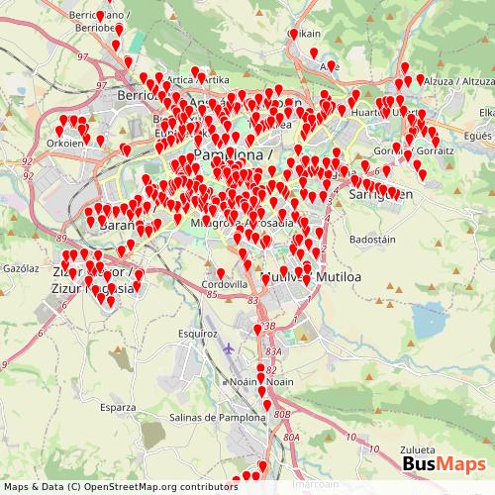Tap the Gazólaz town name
[20, 268]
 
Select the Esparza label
[118, 407]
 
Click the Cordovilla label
[225, 283]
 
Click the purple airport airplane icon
[231, 348]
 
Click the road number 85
[212, 294]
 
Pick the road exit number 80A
[290, 437]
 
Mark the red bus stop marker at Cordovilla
[220, 274]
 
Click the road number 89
[61, 239]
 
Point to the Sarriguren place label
[373, 195]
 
